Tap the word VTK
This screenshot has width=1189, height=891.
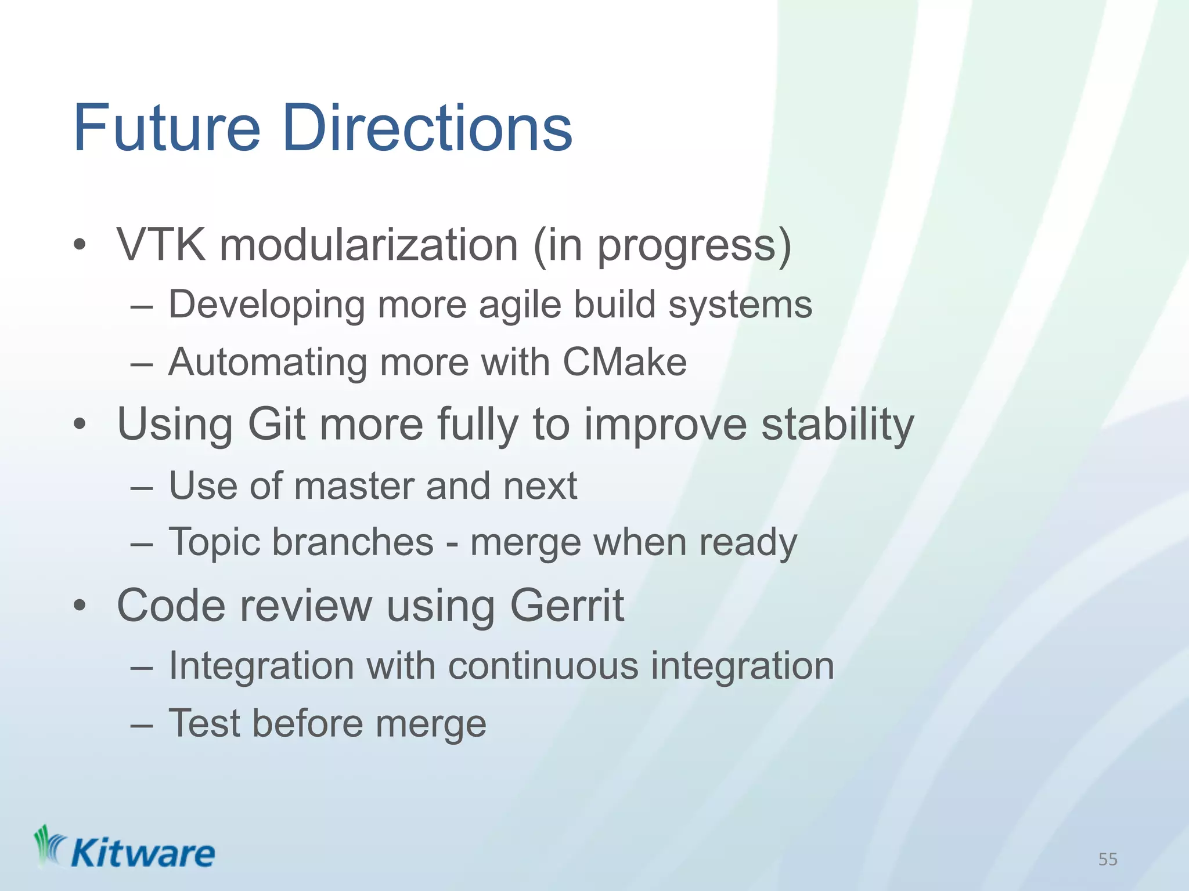click(161, 245)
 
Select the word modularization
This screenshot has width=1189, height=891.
click(369, 245)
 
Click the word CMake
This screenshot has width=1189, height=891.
click(625, 363)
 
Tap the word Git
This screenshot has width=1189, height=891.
click(276, 424)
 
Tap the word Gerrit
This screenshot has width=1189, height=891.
click(567, 606)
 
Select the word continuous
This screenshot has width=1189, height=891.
click(543, 665)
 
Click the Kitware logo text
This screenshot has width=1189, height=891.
click(142, 854)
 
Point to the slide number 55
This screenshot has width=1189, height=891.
click(1108, 859)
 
